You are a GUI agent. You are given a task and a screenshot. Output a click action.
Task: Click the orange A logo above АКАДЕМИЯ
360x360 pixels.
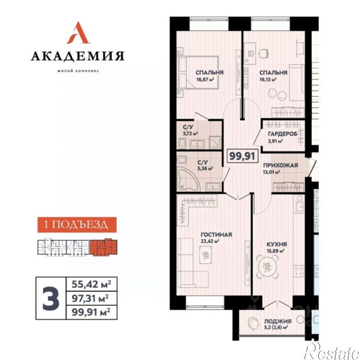click(78, 33)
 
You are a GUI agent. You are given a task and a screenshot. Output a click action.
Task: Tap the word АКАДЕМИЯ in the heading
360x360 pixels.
click(77, 56)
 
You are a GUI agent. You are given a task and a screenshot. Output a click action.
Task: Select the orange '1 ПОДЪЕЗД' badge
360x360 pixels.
click(77, 224)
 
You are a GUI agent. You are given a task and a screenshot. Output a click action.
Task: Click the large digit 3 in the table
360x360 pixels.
click(51, 298)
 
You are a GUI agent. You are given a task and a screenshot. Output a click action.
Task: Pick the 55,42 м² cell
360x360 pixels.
click(91, 284)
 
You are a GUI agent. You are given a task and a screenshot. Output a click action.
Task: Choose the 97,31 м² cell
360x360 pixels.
click(91, 298)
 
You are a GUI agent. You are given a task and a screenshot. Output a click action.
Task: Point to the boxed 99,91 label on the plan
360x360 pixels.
click(242, 156)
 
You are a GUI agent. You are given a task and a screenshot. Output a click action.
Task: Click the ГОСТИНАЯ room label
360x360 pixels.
click(216, 235)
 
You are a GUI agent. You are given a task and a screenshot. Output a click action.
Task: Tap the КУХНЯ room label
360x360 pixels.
click(277, 244)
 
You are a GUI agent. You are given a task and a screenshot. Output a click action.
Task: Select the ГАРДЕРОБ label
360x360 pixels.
click(283, 134)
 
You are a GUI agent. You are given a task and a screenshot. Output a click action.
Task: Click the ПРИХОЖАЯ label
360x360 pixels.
click(281, 165)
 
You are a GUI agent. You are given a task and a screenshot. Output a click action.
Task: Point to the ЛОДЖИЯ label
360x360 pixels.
click(278, 321)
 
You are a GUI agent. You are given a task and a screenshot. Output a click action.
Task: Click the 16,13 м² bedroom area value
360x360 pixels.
click(268, 79)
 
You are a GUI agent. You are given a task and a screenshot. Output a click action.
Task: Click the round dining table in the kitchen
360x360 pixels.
click(267, 267)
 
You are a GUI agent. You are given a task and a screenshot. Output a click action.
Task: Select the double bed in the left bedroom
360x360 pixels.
click(198, 72)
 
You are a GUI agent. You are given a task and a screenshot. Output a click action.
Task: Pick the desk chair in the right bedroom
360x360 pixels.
click(264, 53)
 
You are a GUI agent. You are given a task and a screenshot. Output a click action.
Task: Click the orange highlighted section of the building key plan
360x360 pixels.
click(103, 247)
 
